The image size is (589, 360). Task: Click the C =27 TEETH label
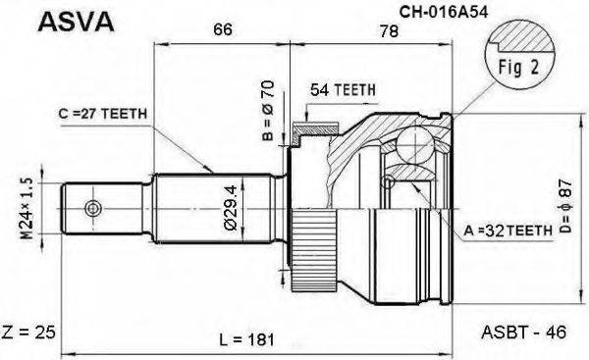click(102, 115)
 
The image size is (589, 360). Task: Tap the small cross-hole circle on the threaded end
click(93, 208)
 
